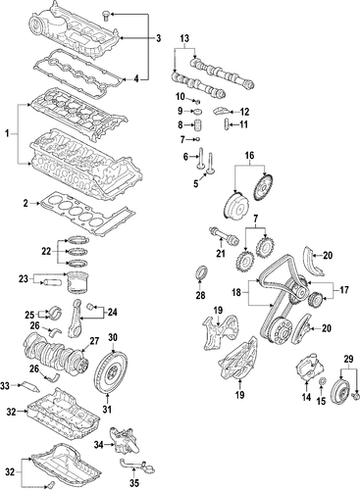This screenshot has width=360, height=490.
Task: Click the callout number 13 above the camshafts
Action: tap(184, 38)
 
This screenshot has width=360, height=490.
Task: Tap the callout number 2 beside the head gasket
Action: tap(26, 204)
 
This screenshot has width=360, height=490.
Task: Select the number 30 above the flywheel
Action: tap(112, 337)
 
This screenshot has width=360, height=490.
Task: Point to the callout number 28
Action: tap(200, 295)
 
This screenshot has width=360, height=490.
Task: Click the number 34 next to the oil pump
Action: tap(99, 444)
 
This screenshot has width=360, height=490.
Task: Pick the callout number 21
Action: tap(221, 253)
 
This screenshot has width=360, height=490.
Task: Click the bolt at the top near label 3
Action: tap(106, 16)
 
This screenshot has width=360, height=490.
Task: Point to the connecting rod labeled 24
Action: tap(75, 318)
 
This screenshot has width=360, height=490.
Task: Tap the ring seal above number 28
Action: tap(200, 273)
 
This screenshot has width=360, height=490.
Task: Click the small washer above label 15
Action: tap(322, 381)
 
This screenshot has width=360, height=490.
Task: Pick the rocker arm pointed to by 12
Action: tap(220, 112)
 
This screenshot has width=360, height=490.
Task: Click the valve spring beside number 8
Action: tap(199, 125)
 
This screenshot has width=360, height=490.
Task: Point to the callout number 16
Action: tap(249, 156)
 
